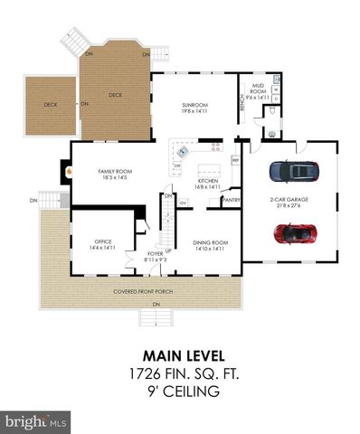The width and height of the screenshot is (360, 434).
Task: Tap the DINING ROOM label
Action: point(210,243)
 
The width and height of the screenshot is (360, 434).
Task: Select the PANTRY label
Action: point(232,201)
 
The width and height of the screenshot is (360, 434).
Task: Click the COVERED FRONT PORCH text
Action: point(143,292)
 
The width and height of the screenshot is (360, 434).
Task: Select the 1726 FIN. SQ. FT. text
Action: point(180,373)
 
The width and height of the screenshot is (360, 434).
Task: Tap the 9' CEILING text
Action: point(180,392)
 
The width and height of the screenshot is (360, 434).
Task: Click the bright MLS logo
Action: point(36,421)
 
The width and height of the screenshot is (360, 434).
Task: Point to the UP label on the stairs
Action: point(168,249)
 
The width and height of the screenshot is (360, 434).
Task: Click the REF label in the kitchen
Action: point(235,161)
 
